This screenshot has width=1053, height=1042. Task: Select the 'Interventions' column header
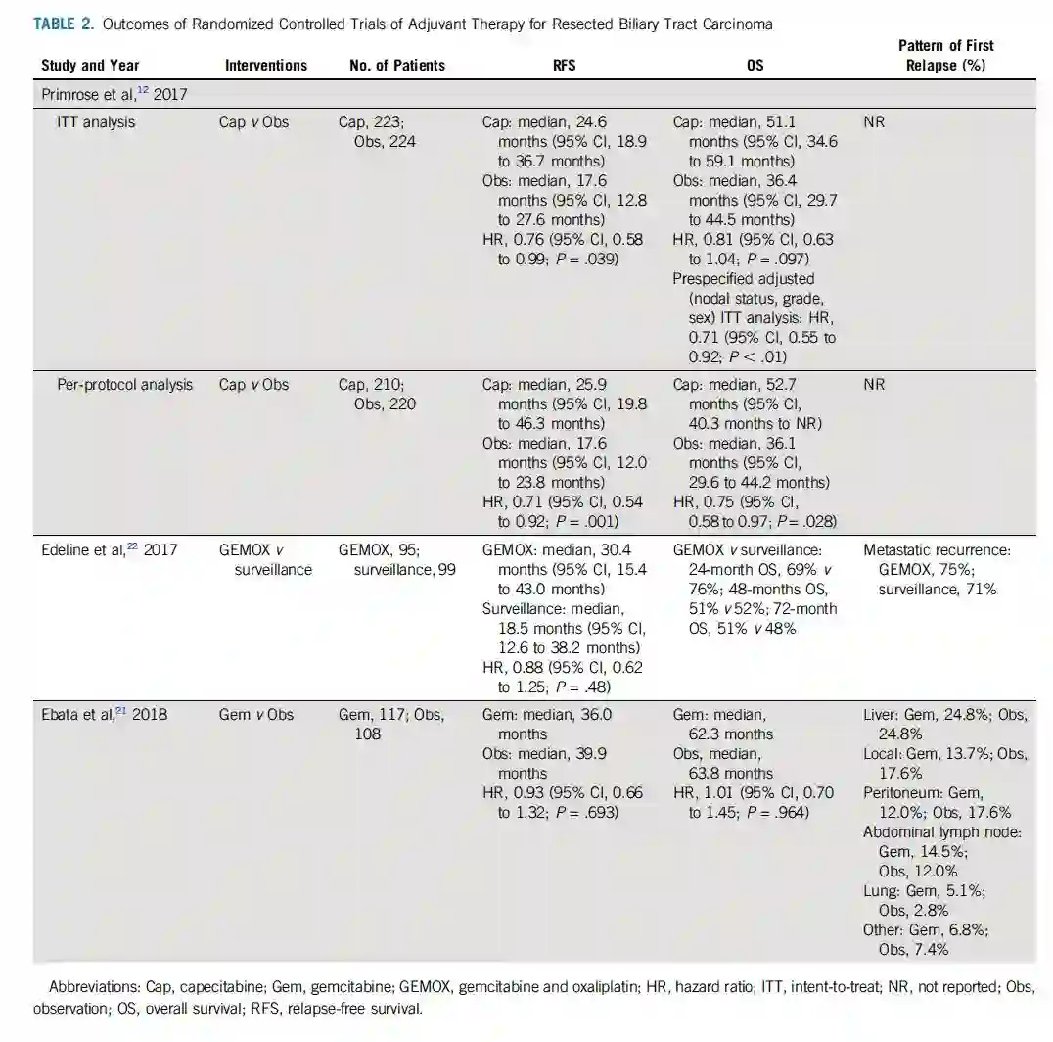click(x=265, y=66)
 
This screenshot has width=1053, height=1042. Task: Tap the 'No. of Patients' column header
click(x=396, y=66)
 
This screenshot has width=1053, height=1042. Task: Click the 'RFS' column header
click(x=564, y=66)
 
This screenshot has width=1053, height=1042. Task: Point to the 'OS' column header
click(x=755, y=66)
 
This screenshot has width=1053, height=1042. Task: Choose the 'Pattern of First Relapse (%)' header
click(x=945, y=56)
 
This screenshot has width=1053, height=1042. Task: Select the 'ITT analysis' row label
click(x=96, y=122)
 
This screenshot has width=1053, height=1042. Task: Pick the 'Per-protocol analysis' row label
click(x=124, y=385)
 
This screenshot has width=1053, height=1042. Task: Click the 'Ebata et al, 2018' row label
click(x=104, y=715)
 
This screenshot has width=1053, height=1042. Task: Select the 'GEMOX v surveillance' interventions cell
click(x=265, y=560)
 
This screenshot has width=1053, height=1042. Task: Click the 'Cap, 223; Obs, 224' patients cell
click(x=372, y=132)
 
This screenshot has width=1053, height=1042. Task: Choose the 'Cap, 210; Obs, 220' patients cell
click(x=372, y=395)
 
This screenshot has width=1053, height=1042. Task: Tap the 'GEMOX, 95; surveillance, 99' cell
click(x=396, y=560)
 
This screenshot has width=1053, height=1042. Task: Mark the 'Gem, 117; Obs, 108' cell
click(x=391, y=725)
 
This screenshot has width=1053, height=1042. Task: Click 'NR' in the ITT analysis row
click(x=873, y=122)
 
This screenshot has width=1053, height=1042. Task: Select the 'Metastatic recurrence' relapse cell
click(x=936, y=570)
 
